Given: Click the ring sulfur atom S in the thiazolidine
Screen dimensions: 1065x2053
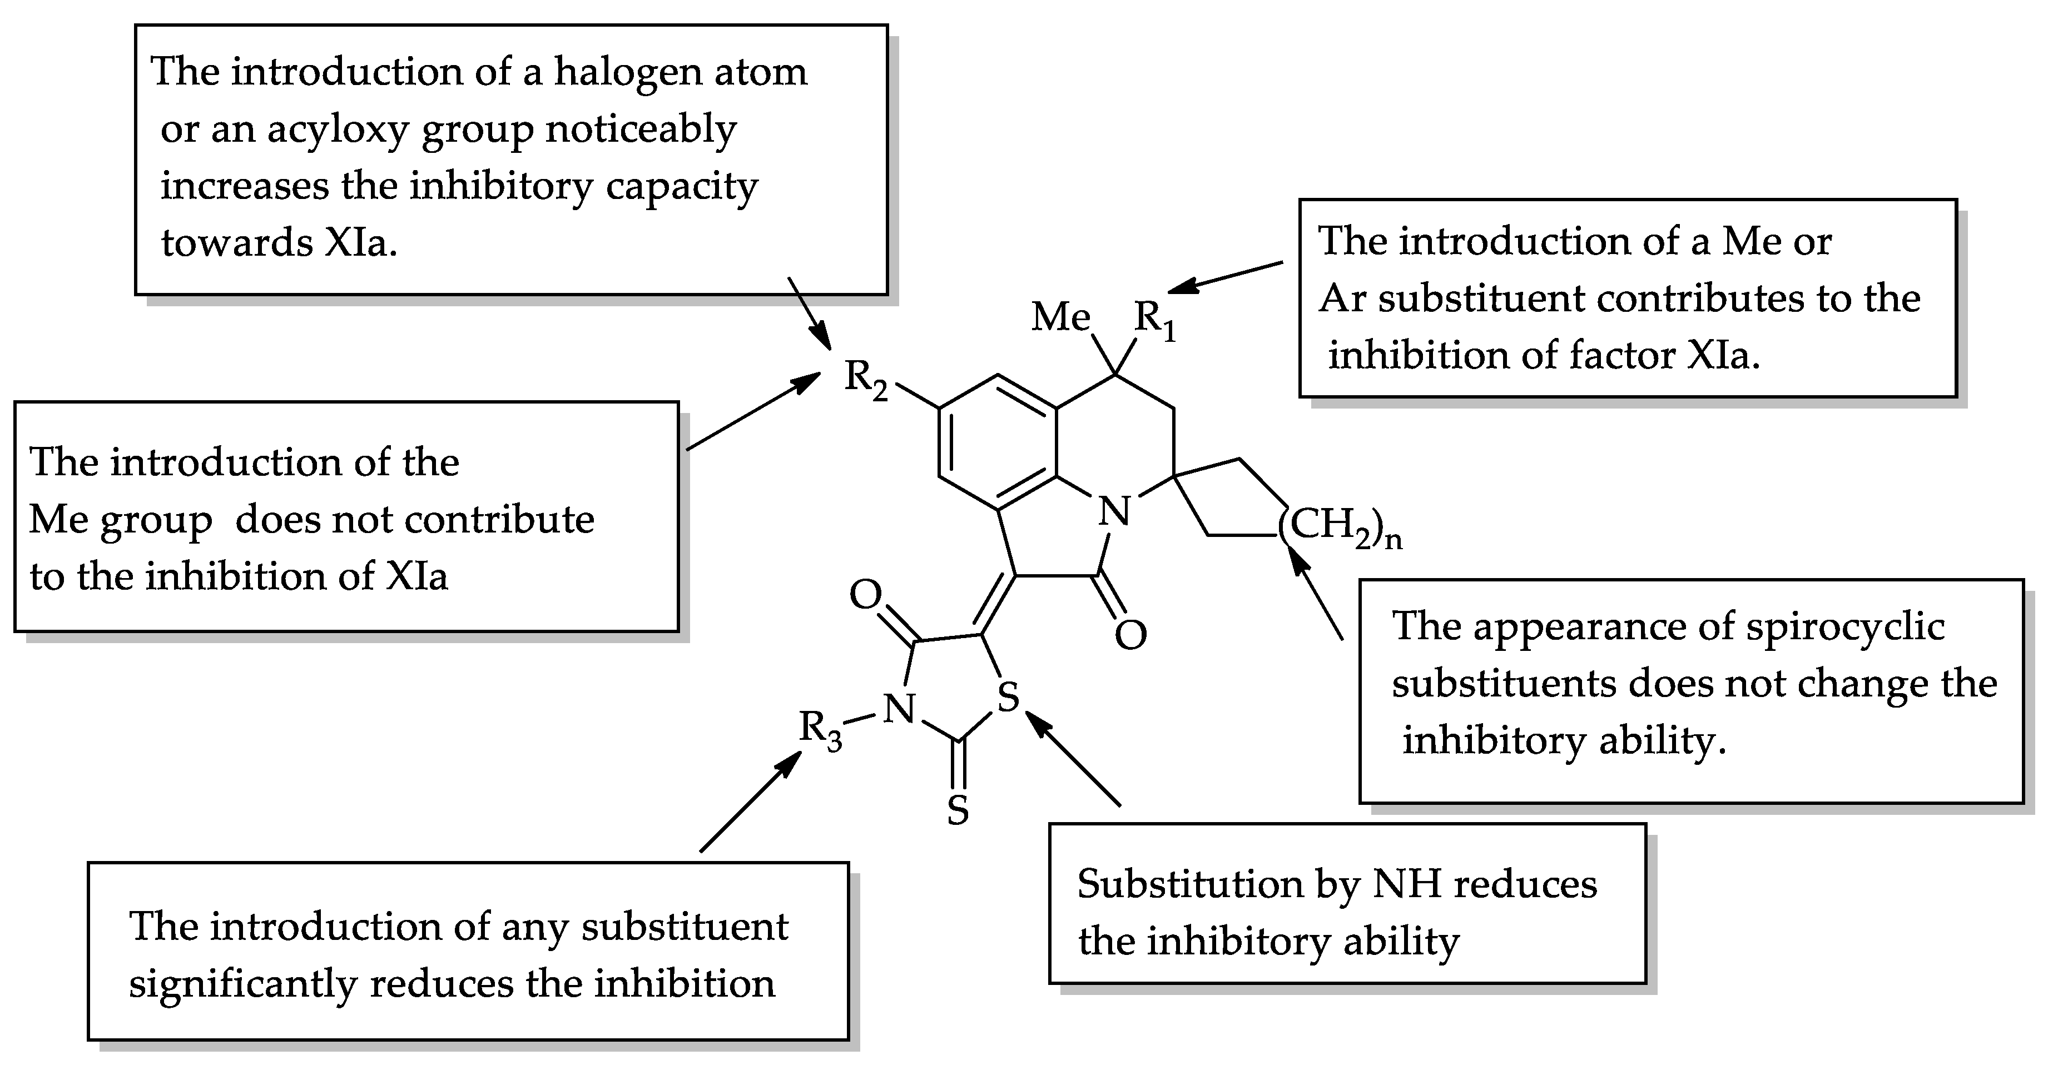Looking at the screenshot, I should coord(1008,698).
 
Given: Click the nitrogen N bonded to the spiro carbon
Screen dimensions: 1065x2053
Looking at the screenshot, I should coord(1114,511).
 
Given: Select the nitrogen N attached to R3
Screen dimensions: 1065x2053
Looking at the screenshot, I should coord(900,708).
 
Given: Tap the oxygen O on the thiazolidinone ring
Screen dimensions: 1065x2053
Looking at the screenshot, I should coord(865,594).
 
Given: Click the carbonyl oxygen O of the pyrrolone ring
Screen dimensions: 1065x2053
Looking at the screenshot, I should coord(1130,635).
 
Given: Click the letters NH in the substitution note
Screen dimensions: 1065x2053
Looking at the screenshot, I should coord(1407,884).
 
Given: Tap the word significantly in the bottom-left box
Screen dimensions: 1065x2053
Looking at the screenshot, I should coord(241,984).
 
